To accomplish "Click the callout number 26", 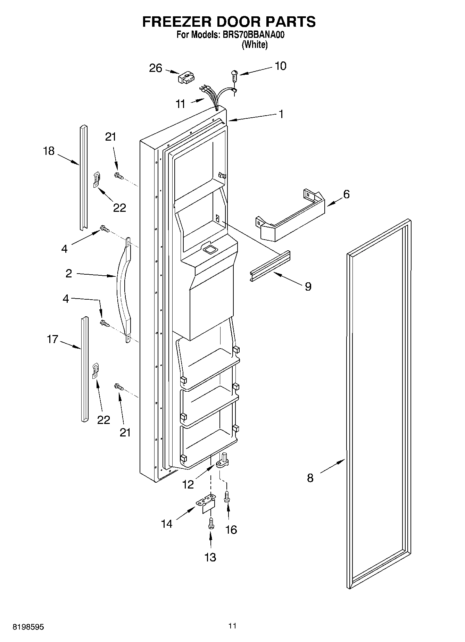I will pos(156,68).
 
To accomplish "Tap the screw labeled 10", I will pos(235,75).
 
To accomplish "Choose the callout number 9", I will pos(308,286).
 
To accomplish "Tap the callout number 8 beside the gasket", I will pos(310,478).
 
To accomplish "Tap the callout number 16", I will pos(231,530).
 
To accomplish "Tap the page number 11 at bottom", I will pos(232,626).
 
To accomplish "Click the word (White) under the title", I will pos(255,44).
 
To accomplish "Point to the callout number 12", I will pos(188,484).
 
